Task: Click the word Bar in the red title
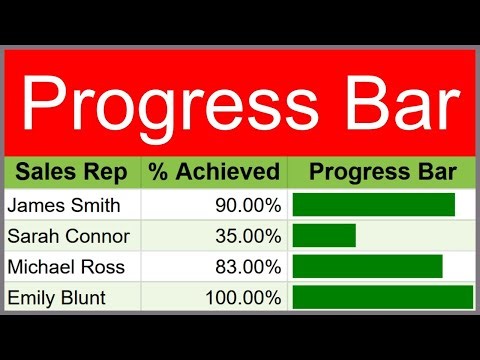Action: point(405,100)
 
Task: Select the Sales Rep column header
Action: point(71,172)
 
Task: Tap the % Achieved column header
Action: point(214,172)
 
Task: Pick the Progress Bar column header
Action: point(383,172)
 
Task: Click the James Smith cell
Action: point(64,205)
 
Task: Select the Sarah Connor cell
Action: point(68,236)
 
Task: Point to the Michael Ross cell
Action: point(66,267)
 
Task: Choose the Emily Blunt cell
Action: point(59,298)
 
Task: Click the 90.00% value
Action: point(248,205)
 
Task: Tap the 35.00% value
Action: point(248,236)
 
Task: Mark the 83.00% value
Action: point(248,267)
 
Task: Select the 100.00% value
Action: point(243,298)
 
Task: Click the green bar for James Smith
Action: point(373,205)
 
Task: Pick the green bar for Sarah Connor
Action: point(324,236)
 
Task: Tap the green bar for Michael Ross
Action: point(367,267)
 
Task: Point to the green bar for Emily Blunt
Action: point(382,298)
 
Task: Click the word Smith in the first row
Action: point(94,205)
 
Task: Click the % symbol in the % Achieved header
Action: point(158,172)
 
